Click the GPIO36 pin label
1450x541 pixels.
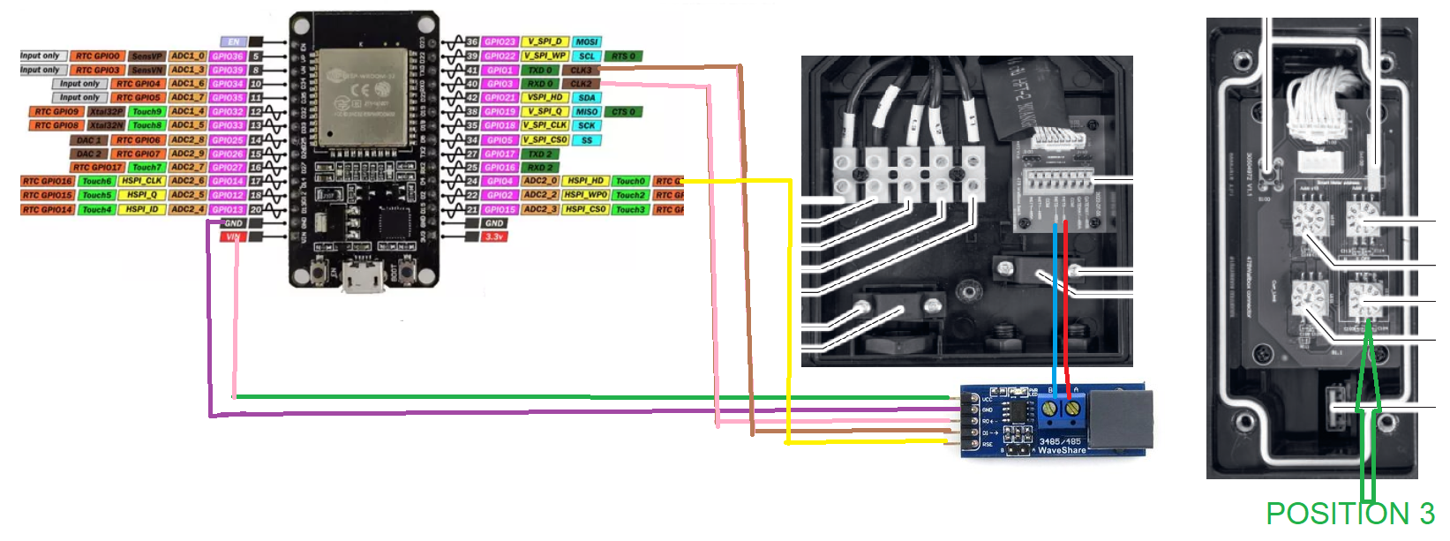(227, 56)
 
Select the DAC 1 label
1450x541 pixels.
(88, 139)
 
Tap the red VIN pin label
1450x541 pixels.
(233, 237)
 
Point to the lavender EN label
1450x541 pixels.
(233, 41)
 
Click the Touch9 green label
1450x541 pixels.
(147, 112)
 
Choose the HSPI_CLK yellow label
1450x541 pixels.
(141, 181)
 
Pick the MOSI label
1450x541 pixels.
(586, 41)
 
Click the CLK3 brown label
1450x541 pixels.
(581, 70)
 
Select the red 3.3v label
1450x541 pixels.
(494, 237)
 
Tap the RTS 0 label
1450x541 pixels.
(624, 56)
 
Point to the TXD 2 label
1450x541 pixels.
(540, 154)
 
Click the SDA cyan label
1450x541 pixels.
(587, 98)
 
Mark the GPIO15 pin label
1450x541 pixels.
(500, 209)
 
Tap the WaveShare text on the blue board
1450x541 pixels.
(1062, 450)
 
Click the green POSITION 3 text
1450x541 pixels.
(1349, 514)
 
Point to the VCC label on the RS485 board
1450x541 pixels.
(987, 400)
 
